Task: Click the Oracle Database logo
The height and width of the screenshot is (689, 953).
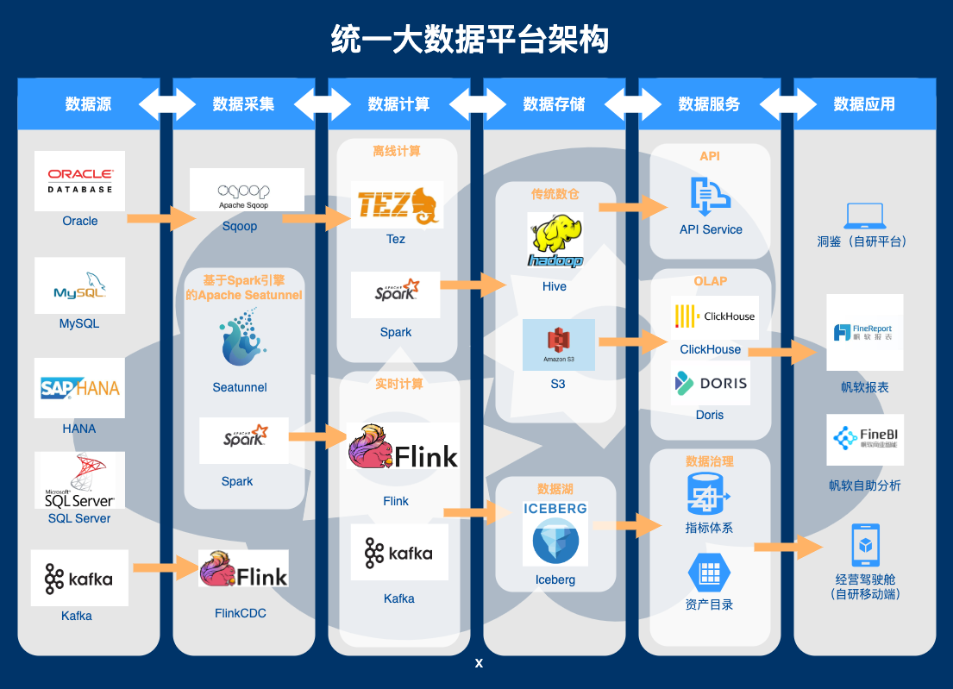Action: [79, 181]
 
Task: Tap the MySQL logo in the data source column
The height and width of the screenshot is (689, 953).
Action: [79, 285]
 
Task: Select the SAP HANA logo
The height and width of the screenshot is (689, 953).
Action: [79, 388]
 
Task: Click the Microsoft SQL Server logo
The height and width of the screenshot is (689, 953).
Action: [79, 480]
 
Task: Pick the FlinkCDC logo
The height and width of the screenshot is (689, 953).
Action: [243, 569]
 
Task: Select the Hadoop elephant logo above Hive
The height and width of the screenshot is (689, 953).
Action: [555, 241]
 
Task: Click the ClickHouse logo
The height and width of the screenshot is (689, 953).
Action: [715, 317]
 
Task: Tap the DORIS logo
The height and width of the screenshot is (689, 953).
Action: [712, 383]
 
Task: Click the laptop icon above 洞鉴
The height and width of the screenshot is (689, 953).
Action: [865, 216]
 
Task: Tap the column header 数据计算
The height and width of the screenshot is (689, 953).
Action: [398, 104]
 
